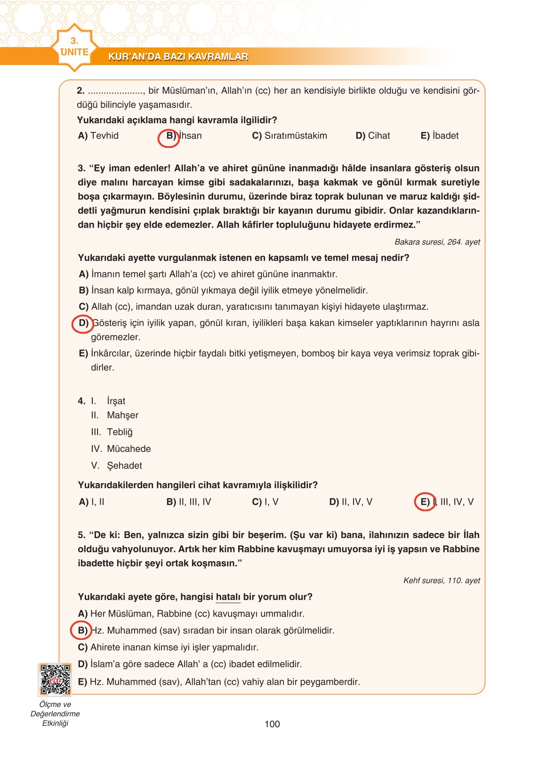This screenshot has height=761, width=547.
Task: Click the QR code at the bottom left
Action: pos(55,679)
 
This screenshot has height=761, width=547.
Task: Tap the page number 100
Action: pos(272,724)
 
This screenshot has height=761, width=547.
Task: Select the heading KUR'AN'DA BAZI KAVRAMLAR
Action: pos(178,57)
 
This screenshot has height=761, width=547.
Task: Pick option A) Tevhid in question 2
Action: pos(98,136)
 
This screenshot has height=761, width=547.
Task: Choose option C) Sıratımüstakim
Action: pos(290,136)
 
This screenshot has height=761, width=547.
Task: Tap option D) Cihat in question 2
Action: pos(373,136)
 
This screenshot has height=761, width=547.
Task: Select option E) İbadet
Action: pos(439,136)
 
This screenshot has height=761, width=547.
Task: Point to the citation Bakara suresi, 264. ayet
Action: pos(437,242)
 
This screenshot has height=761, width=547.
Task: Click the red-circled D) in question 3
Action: pos(82,324)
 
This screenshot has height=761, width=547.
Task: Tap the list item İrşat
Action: pos(116,401)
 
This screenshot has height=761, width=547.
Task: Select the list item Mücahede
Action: pos(129,449)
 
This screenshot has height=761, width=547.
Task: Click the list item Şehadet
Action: pos(124,466)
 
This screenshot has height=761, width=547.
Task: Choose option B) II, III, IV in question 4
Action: pos(189,502)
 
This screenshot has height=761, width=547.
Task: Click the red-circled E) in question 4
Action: pos(425,502)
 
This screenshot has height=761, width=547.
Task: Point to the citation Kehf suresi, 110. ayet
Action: pos(442,581)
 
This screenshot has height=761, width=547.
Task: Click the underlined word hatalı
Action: pos(228,597)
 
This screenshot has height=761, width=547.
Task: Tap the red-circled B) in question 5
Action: pos(81,630)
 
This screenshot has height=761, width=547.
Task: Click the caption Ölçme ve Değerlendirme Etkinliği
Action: pos(55,713)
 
